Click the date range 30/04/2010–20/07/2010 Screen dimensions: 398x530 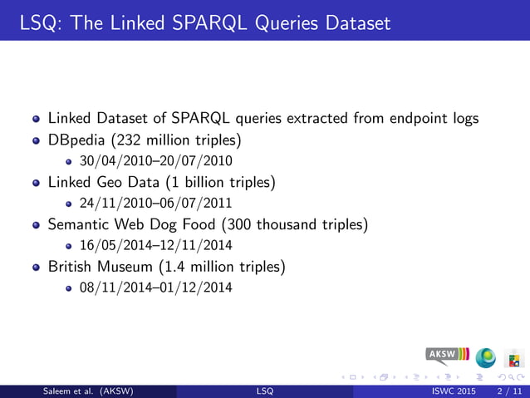point(155,160)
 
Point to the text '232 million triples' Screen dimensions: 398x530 point(178,140)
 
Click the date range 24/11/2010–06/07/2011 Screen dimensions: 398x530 point(155,203)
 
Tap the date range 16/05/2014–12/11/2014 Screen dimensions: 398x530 point(155,245)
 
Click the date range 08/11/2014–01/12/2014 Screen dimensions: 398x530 point(155,287)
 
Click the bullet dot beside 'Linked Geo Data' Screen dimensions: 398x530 point(36,182)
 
